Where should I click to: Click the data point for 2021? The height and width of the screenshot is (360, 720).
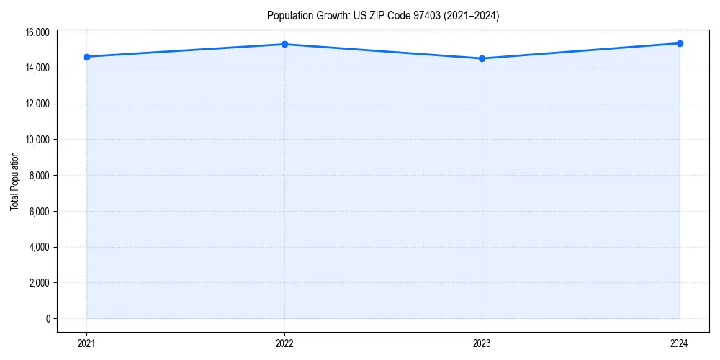[87, 57]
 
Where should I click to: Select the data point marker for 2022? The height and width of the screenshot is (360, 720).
[284, 44]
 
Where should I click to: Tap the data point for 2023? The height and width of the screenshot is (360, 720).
[482, 58]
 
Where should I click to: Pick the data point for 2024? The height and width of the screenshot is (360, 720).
[680, 43]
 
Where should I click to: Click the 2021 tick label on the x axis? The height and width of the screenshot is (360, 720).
[87, 343]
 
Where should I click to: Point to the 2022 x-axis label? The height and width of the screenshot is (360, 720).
[284, 343]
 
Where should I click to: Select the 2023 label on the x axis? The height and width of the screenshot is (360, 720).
[482, 343]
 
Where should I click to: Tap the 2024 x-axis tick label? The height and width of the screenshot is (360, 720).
[680, 343]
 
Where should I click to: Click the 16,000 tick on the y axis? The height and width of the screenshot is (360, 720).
[37, 32]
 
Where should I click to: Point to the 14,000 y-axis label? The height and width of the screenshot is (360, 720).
[37, 68]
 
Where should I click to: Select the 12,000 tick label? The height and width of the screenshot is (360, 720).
[37, 104]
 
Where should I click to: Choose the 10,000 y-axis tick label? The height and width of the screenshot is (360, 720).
[37, 140]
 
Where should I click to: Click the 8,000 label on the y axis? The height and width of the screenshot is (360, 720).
[39, 176]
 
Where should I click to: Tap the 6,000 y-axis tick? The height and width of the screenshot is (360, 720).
[39, 212]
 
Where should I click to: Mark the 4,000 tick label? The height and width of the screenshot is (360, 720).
[39, 247]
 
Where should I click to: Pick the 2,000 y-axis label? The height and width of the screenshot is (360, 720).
[39, 283]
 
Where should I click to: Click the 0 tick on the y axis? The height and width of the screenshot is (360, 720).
[48, 319]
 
